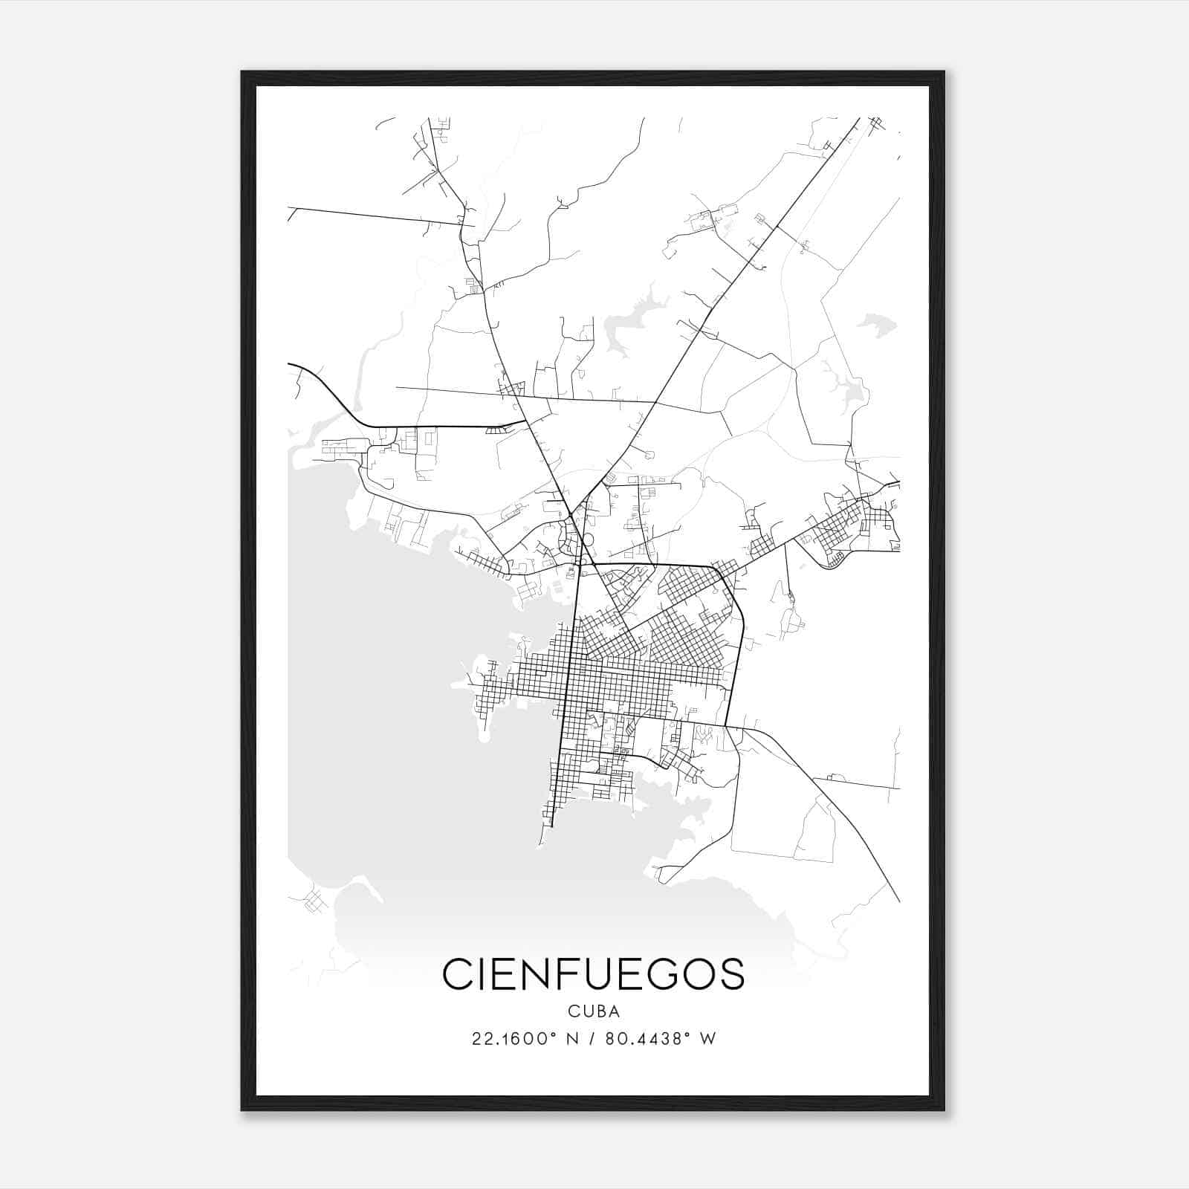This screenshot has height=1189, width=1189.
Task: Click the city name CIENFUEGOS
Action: tap(593, 974)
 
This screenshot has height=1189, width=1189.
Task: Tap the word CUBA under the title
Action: tap(593, 1011)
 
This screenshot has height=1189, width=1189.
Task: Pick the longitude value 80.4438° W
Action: tap(660, 1039)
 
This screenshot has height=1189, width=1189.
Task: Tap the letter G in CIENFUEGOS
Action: tap(668, 974)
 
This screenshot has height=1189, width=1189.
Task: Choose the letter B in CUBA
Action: tap(599, 1011)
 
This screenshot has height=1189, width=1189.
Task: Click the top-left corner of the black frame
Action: tap(242, 72)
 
